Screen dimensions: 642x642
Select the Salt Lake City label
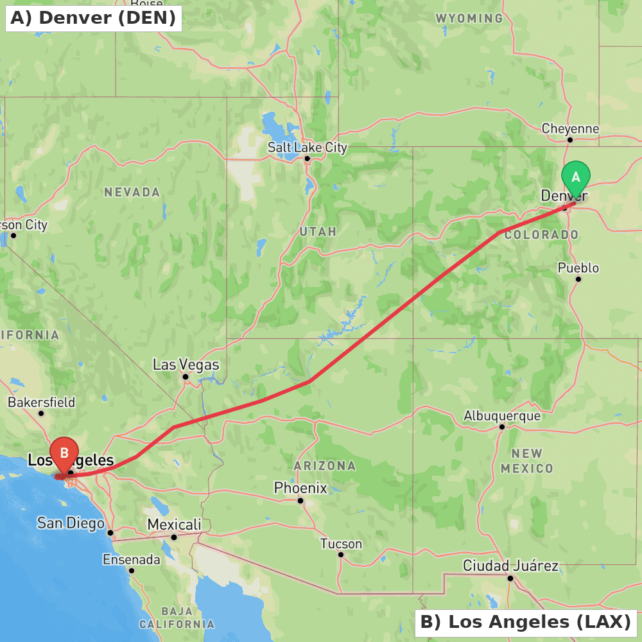pos(307,147)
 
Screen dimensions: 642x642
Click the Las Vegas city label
pos(186,365)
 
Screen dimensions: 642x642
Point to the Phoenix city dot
pos(300,501)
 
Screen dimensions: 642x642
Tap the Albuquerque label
pos(502,416)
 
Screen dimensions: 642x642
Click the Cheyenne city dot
pos(569,139)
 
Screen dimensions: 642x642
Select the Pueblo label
pos(578,268)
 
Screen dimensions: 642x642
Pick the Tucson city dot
pos(341,555)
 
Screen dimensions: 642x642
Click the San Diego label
pos(71,523)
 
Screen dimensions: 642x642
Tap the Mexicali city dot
pos(173,537)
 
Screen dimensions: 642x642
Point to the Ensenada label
pos(132,560)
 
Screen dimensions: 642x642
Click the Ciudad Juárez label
pos(510,566)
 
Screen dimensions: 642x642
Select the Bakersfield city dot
pos(41,413)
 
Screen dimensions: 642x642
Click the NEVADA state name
pos(132,192)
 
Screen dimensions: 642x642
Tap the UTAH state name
pos(318,231)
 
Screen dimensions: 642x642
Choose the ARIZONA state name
pos(324,465)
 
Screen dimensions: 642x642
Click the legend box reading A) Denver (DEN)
pos(93,18)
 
